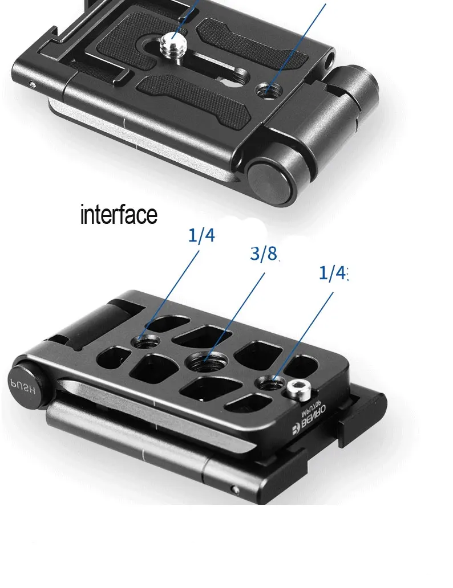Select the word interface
pyautogui.click(x=118, y=215)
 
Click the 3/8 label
pyautogui.click(x=264, y=255)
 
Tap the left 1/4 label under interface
pyautogui.click(x=201, y=235)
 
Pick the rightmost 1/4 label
pyautogui.click(x=333, y=274)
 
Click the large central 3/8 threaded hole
pyautogui.click(x=204, y=361)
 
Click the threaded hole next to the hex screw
pyautogui.click(x=272, y=383)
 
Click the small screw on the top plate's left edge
pyautogui.click(x=34, y=84)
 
